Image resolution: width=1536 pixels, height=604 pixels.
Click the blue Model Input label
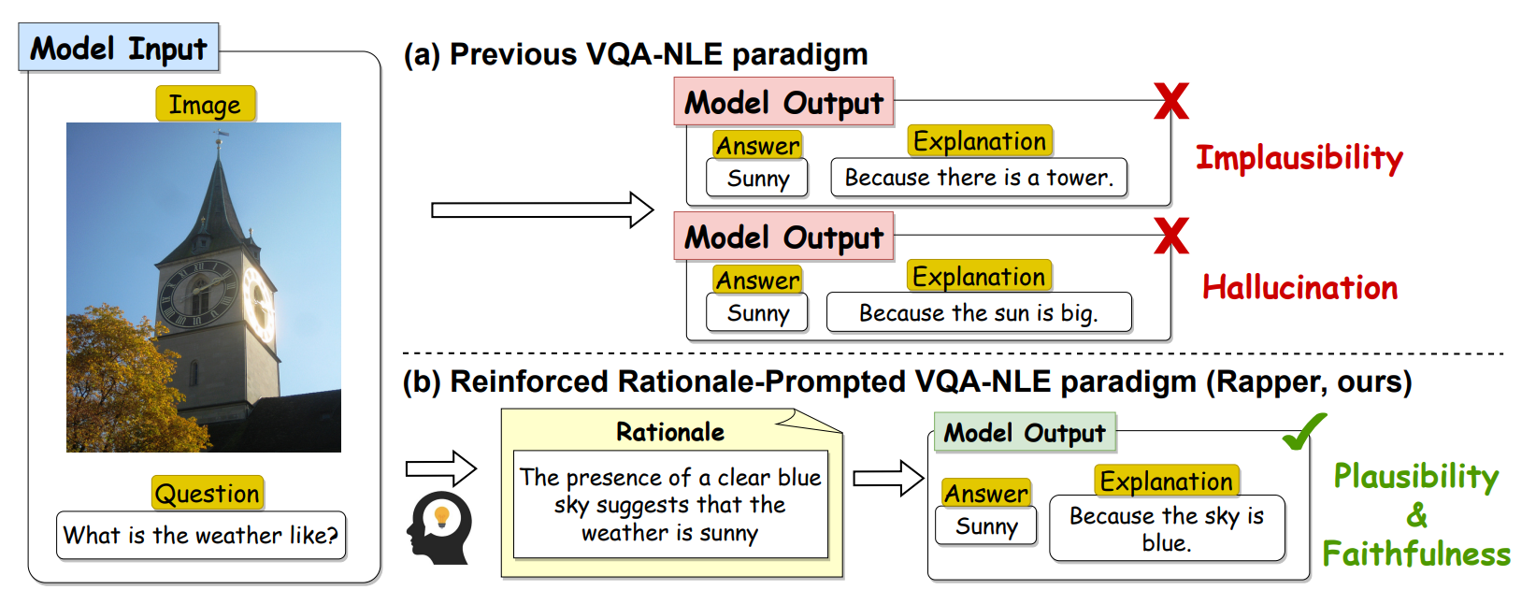tap(119, 48)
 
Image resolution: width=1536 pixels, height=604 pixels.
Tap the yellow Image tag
tap(205, 105)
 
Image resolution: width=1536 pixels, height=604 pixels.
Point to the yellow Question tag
tap(208, 493)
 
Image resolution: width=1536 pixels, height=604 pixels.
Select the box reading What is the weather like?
tap(201, 536)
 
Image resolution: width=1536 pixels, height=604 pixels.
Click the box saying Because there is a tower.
tap(979, 178)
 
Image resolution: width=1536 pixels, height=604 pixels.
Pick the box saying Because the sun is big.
tap(979, 313)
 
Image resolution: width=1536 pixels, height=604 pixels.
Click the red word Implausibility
tap(1299, 158)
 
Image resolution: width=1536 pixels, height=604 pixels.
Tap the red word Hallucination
tap(1299, 288)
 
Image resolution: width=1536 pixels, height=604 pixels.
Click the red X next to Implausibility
tap(1170, 101)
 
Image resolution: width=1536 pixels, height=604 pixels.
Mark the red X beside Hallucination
tap(1170, 236)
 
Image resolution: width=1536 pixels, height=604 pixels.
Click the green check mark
tap(1303, 431)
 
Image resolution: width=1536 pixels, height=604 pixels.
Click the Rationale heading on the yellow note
tap(670, 432)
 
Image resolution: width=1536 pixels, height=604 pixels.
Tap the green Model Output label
tap(1025, 433)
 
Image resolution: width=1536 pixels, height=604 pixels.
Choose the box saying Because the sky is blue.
tap(1166, 529)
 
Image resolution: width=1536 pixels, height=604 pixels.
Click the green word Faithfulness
tap(1415, 554)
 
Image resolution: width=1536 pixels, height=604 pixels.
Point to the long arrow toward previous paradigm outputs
tap(541, 210)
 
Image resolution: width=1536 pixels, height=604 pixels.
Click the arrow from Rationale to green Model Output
tap(887, 479)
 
